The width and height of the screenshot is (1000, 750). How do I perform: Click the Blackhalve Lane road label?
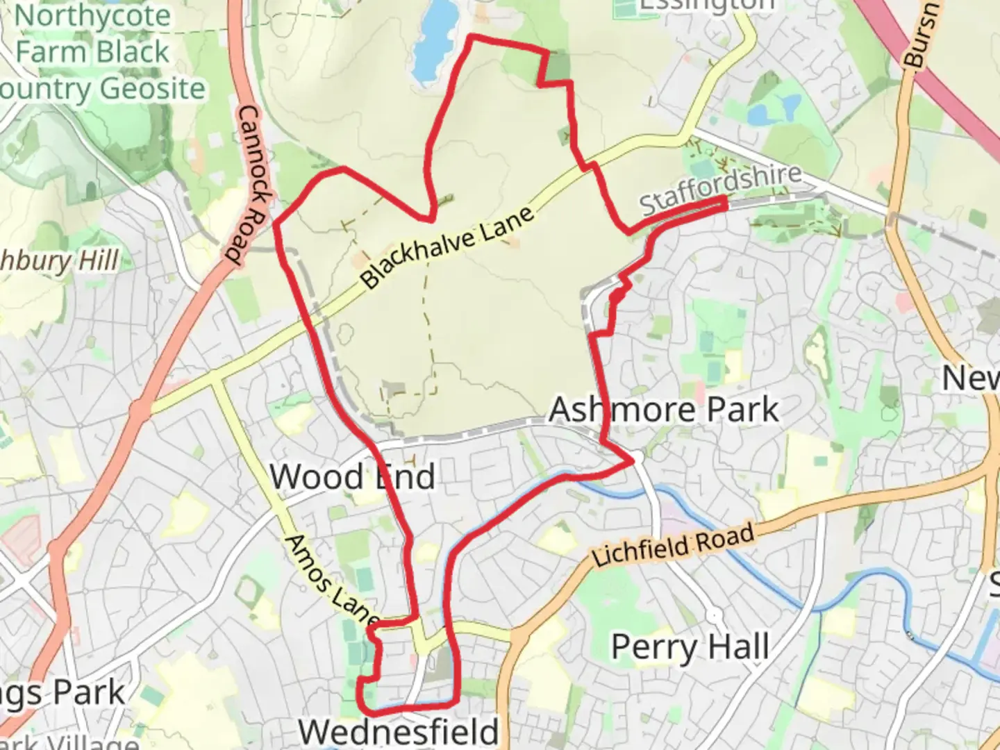pos(448,247)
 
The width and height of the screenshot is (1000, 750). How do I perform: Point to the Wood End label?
pos(352,477)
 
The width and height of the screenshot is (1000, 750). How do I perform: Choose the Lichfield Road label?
pos(672,546)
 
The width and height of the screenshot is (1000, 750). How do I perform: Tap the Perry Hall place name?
pos(690,647)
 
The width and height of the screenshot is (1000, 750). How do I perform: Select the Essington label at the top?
pos(706,6)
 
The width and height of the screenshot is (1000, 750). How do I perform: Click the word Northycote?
pos(92,16)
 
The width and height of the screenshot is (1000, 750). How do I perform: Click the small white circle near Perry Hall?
pos(714,615)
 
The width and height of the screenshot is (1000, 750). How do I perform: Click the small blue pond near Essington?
pos(790,107)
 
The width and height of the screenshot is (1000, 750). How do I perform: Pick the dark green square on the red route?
pos(556,67)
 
